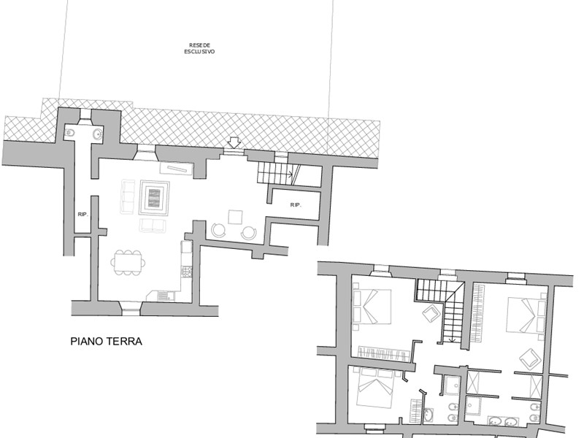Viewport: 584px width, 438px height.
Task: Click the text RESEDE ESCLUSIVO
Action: pos(199,48)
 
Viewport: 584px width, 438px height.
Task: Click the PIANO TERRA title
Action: pos(106,341)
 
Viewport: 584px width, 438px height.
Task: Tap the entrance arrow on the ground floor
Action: pos(234,142)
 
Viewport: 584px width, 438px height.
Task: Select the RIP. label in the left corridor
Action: pos(82,214)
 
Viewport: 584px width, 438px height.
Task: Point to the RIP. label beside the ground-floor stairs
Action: pos(296,205)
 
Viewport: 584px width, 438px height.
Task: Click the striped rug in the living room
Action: pos(154,198)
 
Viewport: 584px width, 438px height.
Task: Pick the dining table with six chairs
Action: pos(128,263)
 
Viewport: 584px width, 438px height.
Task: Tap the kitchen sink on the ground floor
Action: pos(163,296)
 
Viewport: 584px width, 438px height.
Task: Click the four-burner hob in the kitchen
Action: pos(186,272)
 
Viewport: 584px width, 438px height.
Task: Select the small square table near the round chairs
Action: pos(235,217)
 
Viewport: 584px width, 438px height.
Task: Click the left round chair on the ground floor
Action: pos(218,230)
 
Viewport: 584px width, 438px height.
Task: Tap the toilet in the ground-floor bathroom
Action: pos(69,133)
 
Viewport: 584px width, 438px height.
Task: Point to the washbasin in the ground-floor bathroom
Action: pos(98,134)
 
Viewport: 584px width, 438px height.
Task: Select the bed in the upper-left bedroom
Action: pos(372,307)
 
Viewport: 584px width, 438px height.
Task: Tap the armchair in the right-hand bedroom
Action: pos(531,358)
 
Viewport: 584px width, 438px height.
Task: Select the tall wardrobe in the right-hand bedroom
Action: pos(479,313)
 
